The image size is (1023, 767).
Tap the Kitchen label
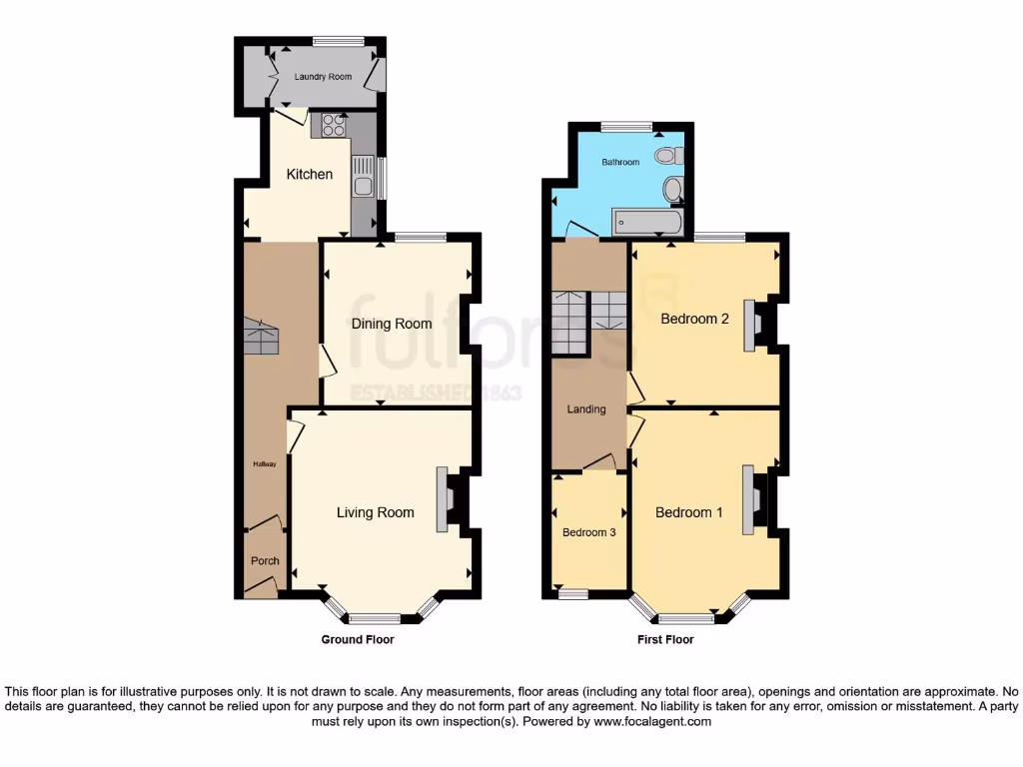(x=310, y=174)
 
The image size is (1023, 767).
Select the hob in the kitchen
(x=334, y=126)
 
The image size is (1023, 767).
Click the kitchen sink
(x=364, y=176)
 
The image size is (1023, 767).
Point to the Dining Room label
(x=392, y=324)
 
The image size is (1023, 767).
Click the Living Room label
(x=375, y=512)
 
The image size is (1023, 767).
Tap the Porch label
(x=265, y=560)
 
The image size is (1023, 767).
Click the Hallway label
(x=265, y=464)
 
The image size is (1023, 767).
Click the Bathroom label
(x=619, y=162)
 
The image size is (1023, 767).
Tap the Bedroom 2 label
(x=689, y=319)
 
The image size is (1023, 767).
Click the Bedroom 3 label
(x=588, y=532)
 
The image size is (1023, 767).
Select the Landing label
(x=586, y=408)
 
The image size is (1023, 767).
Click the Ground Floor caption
(x=358, y=639)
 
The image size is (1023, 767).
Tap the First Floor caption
(x=665, y=639)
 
